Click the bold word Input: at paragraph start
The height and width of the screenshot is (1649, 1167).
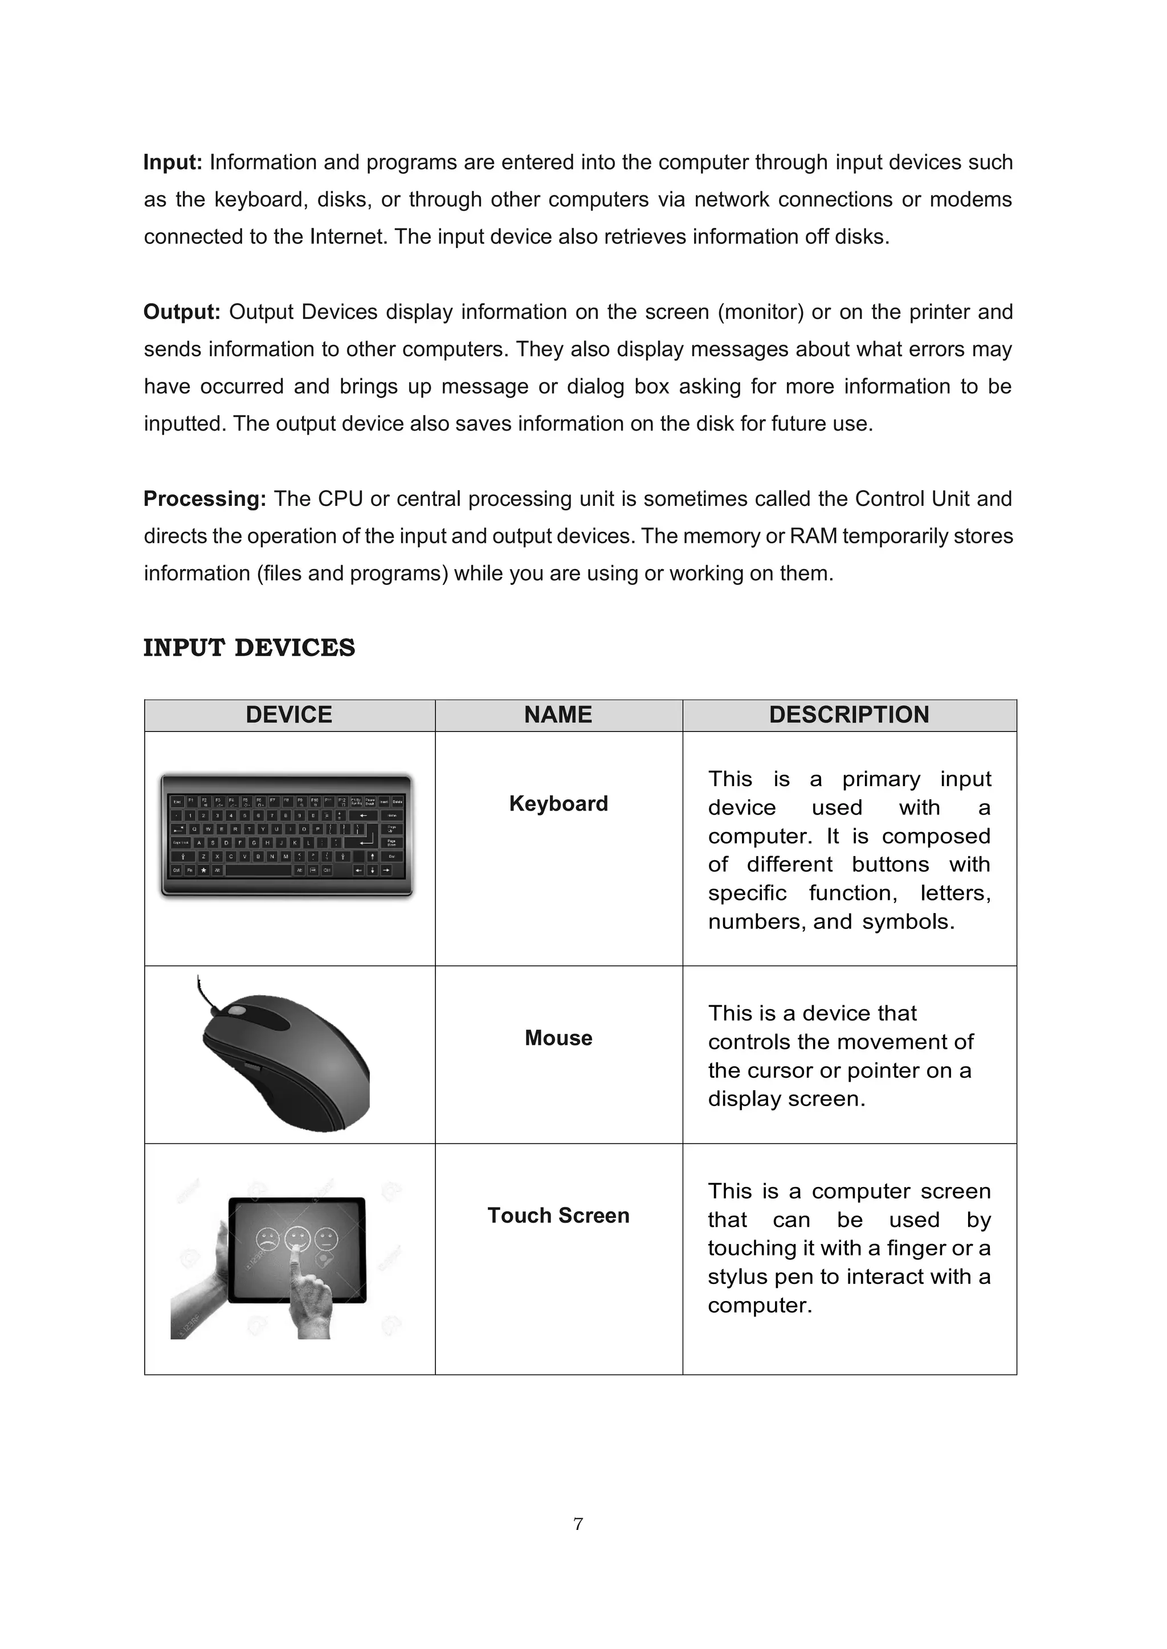[173, 162]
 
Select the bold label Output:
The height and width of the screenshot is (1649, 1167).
[182, 312]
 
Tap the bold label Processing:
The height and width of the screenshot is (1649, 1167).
[205, 499]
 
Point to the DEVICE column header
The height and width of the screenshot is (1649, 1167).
[289, 715]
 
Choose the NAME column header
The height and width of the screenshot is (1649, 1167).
[558, 715]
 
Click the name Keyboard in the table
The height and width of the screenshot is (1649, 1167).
[558, 804]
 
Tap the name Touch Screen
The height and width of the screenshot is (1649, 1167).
[558, 1216]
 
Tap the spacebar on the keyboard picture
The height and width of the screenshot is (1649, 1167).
[258, 870]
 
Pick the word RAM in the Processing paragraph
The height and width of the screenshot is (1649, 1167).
[810, 537]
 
